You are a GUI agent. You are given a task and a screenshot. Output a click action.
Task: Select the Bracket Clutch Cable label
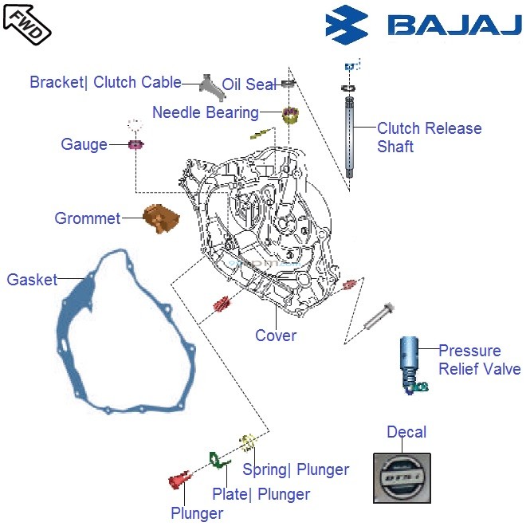point(105,82)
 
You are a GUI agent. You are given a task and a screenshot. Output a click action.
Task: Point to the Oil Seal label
point(249,84)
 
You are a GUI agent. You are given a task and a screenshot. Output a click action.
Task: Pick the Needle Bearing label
point(205,112)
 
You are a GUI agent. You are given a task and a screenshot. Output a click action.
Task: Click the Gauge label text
point(84,144)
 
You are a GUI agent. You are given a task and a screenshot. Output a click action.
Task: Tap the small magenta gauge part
point(135,144)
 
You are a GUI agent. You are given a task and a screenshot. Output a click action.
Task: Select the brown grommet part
point(161,218)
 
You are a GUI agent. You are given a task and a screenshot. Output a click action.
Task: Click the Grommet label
point(88,218)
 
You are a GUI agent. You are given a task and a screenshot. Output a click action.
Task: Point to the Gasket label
point(32,280)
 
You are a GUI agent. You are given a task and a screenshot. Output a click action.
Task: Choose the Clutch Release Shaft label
point(429,137)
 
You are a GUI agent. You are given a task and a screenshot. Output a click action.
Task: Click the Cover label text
point(276,336)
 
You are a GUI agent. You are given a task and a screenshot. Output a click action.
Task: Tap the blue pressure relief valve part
point(410,363)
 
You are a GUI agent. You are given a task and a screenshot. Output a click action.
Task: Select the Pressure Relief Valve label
point(479,359)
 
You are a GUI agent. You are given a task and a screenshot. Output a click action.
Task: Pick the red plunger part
point(179,481)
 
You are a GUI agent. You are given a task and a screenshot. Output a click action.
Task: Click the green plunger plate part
point(216,459)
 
